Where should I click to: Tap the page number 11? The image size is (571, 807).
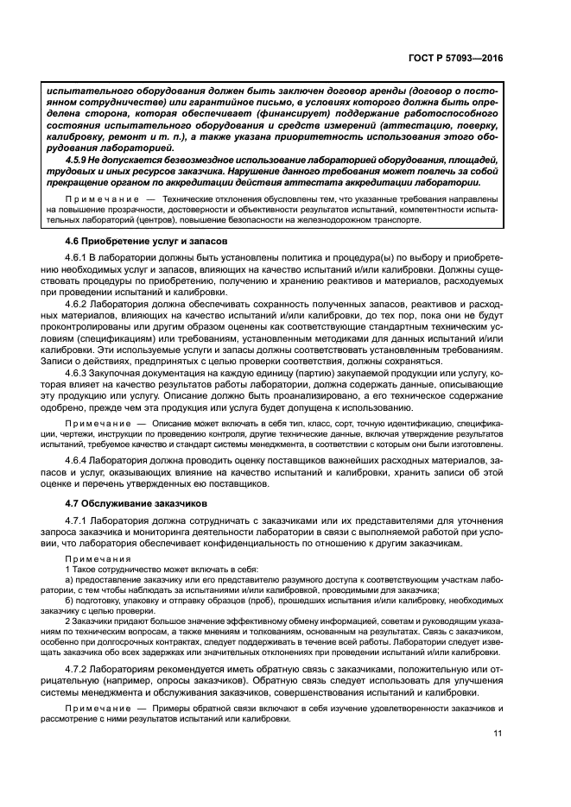tap(497, 734)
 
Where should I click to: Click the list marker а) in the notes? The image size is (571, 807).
tap(70, 581)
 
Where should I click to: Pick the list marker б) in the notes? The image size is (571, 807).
tap(70, 602)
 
